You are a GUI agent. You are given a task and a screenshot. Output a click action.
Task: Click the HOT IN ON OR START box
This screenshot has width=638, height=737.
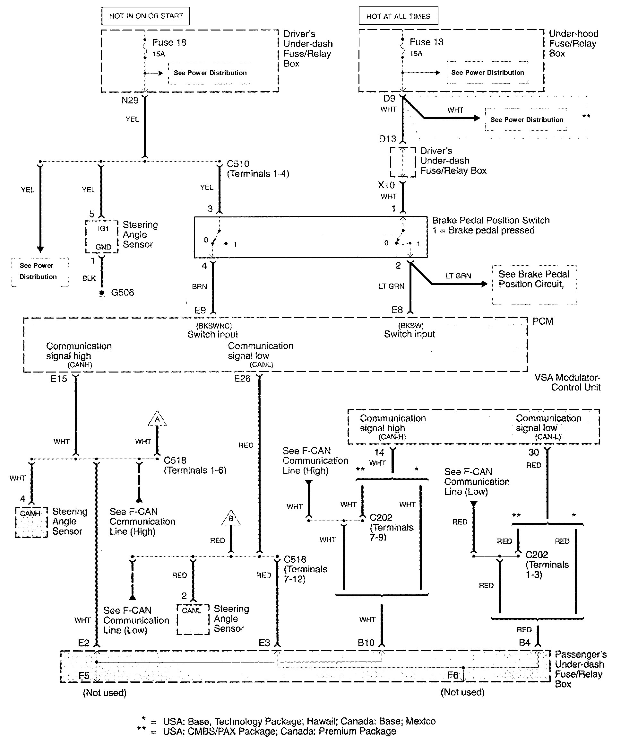coord(146,16)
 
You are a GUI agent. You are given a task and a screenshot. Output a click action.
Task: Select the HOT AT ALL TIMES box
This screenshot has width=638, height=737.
coord(398,16)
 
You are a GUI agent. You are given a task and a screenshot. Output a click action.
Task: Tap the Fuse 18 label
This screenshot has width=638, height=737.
coord(169,42)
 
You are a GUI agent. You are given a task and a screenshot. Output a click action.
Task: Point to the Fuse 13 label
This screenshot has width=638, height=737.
coord(426,42)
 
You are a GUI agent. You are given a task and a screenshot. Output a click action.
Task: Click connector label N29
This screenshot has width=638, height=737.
coord(130,100)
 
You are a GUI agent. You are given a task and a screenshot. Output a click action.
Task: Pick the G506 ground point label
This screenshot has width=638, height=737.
coord(122,293)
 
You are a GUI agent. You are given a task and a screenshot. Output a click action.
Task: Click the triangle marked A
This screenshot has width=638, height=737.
coord(157,419)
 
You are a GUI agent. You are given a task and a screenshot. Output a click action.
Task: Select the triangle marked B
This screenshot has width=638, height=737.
coord(231,519)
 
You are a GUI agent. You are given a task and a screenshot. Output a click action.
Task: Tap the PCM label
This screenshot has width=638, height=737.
coord(543,321)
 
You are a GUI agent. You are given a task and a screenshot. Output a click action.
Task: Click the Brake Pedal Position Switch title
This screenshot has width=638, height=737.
coord(491,220)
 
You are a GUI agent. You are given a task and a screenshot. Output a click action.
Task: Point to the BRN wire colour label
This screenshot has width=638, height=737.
coord(199,286)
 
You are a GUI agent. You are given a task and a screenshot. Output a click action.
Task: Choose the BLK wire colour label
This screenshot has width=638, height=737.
coord(89,278)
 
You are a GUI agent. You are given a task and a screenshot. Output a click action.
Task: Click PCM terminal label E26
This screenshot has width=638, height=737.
coord(242,379)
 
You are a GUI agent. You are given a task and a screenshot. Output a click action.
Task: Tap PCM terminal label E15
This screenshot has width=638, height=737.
coord(59,379)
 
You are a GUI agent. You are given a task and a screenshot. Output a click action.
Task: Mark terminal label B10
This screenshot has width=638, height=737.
coord(366,643)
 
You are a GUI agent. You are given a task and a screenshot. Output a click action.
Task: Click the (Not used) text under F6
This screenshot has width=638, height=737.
coord(462,692)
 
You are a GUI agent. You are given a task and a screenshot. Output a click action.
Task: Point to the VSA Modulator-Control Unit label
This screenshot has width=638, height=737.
coord(567,382)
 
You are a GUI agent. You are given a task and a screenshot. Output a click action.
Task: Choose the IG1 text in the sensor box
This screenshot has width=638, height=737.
coord(103,229)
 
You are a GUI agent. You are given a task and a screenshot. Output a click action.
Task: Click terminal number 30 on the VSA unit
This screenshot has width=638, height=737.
coord(533,452)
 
